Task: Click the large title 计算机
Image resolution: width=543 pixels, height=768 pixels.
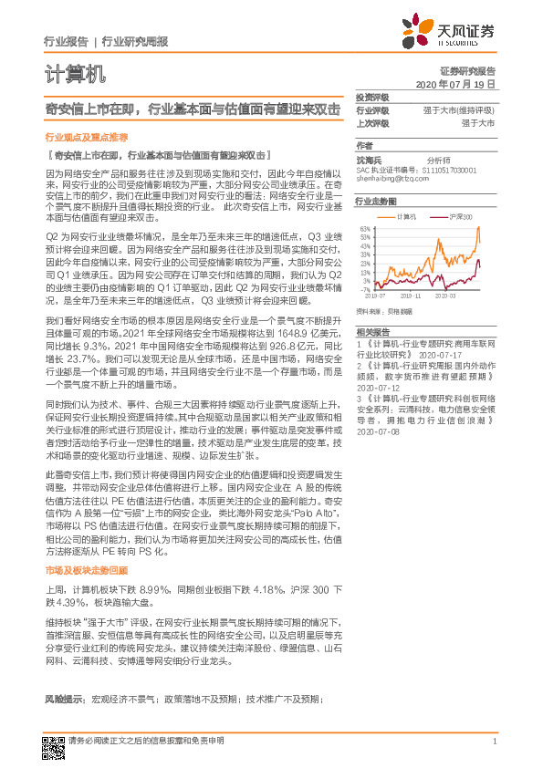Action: (75, 72)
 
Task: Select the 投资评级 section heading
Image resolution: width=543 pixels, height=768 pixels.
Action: (372, 97)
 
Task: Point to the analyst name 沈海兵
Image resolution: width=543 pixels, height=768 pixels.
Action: (370, 159)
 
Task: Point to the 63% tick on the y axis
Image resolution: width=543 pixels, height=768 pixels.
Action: (363, 228)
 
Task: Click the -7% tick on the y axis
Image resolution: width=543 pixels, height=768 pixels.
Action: (364, 289)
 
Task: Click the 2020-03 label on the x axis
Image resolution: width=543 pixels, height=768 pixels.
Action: (445, 296)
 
